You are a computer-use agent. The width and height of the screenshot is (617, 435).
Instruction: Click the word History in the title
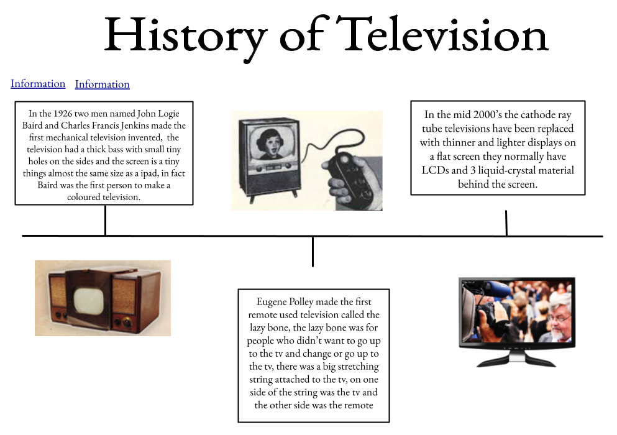pyautogui.click(x=185, y=38)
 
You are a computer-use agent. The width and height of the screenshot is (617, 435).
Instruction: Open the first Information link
pyautogui.click(x=38, y=83)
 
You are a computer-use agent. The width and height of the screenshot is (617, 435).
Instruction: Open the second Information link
pyautogui.click(x=103, y=85)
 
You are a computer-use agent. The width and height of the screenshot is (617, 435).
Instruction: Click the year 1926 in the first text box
pyautogui.click(x=63, y=114)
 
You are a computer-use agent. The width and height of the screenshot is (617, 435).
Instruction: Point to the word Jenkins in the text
pyautogui.click(x=135, y=126)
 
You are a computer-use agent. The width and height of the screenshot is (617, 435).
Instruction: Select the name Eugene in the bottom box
pyautogui.click(x=272, y=303)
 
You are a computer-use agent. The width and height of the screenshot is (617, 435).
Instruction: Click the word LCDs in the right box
pyautogui.click(x=435, y=170)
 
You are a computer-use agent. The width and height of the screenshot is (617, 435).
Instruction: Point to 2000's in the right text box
pyautogui.click(x=488, y=114)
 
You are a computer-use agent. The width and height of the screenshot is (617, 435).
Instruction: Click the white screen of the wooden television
pyautogui.click(x=88, y=302)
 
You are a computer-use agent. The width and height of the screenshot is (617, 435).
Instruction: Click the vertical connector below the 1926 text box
pyautogui.click(x=106, y=221)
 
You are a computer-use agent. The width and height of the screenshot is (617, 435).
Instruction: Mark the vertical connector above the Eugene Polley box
pyautogui.click(x=313, y=252)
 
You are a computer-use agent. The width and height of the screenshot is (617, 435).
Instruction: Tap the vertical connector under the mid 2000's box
pyautogui.click(x=506, y=223)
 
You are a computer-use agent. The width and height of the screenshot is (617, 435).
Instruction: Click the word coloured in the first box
pyautogui.click(x=83, y=197)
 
